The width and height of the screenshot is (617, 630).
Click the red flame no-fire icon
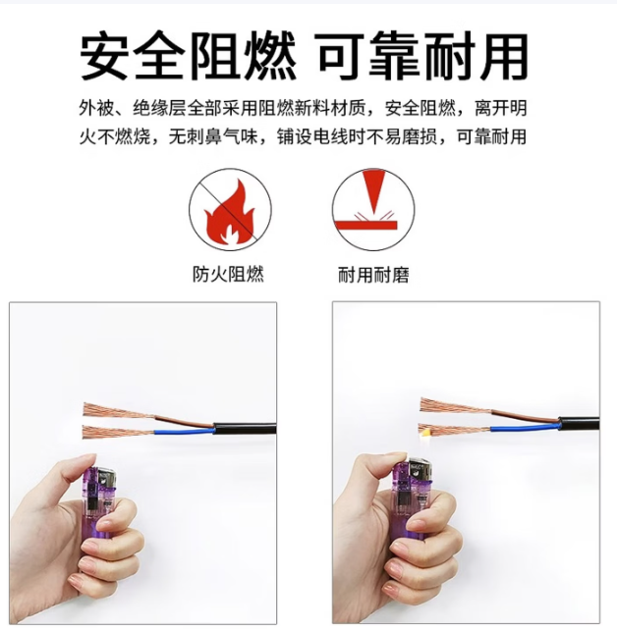pyautogui.click(x=230, y=209)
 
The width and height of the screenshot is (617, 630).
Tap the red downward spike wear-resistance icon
pyautogui.click(x=373, y=209)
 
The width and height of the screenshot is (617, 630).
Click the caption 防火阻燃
pyautogui.click(x=228, y=275)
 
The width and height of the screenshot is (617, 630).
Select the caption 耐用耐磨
pyautogui.click(x=373, y=275)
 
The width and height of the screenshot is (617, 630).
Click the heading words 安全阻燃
pyautogui.click(x=189, y=56)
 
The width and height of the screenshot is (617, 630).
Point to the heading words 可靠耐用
pyautogui.click(x=423, y=56)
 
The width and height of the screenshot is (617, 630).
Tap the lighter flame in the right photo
pyautogui.click(x=425, y=433)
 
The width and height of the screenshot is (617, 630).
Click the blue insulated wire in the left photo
pyautogui.click(x=184, y=433)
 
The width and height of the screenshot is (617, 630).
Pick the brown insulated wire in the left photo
pyautogui.click(x=184, y=421)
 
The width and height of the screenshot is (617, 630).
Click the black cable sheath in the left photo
pyautogui.click(x=245, y=429)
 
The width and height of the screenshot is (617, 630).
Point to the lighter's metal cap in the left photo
pyautogui.click(x=107, y=478)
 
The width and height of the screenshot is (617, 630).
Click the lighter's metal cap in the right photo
pyautogui.click(x=421, y=471)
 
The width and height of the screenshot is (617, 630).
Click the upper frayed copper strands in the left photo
pyautogui.click(x=119, y=411)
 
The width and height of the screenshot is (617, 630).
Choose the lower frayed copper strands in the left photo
pyautogui.click(x=119, y=433)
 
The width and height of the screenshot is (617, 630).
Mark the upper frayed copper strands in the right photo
pyautogui.click(x=455, y=405)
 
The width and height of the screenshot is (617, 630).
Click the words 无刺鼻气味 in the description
pyautogui.click(x=213, y=137)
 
